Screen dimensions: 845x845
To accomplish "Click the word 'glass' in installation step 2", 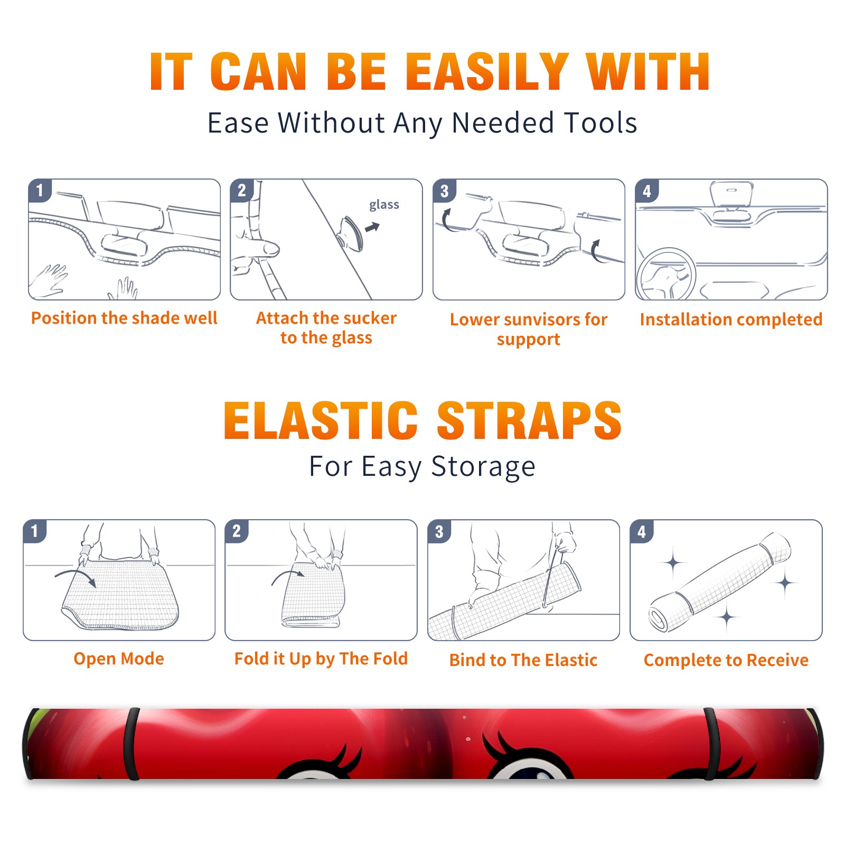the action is coord(384,205).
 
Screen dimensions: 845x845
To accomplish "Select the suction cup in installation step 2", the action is coord(351,233).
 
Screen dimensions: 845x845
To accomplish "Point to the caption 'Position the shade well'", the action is coord(124,318).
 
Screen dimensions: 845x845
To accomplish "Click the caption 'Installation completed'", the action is coord(731,320).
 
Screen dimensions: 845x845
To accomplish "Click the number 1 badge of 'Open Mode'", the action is coord(35,531).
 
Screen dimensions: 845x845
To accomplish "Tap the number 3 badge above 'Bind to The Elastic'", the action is coord(439,532).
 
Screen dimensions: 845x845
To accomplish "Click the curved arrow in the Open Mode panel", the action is coord(76,577).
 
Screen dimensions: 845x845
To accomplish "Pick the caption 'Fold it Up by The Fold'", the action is coord(321,659).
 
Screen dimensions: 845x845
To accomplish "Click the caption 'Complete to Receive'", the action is coord(726,660).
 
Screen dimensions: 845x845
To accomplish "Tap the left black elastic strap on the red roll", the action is coord(132,744).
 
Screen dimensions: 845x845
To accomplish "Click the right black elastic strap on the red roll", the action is coord(710,744).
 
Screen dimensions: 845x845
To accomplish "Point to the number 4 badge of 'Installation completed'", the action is coord(647,191).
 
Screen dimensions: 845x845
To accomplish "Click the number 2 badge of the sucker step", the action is coord(242,191).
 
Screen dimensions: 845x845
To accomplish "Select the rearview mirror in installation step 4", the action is coord(731,194).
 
